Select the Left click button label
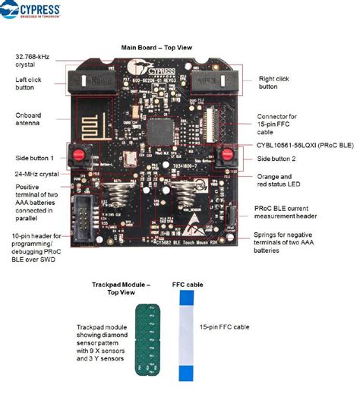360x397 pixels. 31,83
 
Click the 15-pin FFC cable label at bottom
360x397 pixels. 226,327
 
